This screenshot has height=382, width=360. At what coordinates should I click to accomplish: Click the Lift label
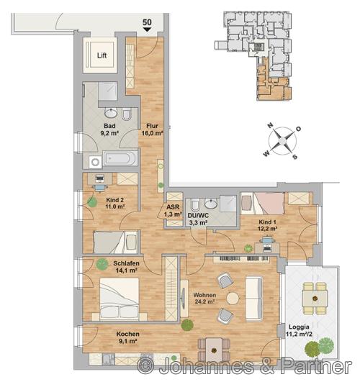click(102, 55)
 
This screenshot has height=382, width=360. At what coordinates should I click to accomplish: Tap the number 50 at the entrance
click(147, 22)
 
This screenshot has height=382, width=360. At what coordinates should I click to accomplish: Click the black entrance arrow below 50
click(147, 29)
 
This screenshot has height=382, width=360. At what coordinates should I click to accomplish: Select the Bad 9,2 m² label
click(109, 129)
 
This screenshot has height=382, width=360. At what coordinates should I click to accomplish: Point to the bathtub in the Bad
click(120, 158)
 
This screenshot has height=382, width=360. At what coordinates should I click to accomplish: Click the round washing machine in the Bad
click(95, 162)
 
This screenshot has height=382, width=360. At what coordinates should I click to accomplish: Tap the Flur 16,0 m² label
click(152, 129)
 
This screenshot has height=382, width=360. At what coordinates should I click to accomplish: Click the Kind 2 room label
click(115, 203)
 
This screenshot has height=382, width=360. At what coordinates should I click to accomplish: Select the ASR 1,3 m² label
click(173, 211)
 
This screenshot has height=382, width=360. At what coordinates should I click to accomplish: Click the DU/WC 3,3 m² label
click(198, 219)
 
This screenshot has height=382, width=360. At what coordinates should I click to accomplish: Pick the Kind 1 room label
click(267, 225)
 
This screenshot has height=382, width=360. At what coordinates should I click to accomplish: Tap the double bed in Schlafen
click(120, 299)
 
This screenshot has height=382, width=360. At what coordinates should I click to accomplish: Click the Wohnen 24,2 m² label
click(204, 299)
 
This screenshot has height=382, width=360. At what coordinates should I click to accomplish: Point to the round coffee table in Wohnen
click(233, 299)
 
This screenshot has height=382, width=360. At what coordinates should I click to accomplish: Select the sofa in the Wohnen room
click(254, 299)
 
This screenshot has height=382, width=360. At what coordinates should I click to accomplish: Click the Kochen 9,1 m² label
click(128, 337)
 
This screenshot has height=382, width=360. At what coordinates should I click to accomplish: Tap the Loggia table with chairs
click(315, 298)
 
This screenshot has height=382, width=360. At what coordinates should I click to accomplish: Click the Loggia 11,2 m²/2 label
click(299, 331)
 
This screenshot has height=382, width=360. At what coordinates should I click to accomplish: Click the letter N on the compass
click(270, 125)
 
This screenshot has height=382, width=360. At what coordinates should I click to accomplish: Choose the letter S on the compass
click(295, 157)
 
